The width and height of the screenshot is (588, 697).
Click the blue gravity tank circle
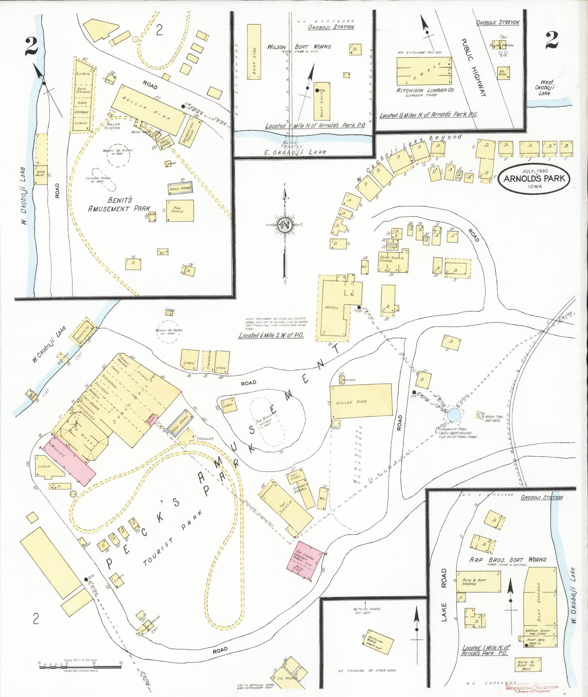tap(453, 415)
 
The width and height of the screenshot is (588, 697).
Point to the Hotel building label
tap(331, 307)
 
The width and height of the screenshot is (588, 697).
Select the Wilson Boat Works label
tap(299, 47)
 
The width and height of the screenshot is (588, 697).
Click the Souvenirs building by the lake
tap(83, 329)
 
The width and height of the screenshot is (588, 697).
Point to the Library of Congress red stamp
tap(535, 686)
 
